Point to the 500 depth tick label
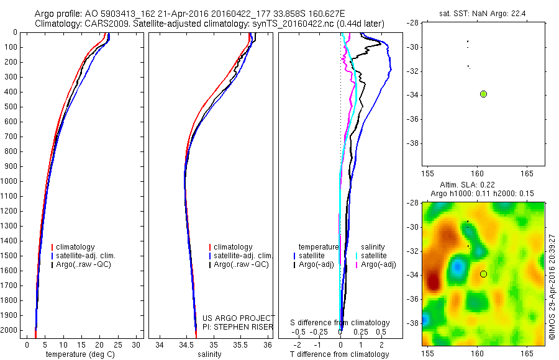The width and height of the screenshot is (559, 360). [x=11, y=107]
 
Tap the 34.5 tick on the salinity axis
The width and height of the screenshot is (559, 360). [x=186, y=344]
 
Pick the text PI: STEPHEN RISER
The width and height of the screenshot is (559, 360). [x=239, y=326]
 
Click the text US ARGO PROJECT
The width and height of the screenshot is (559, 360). [x=239, y=318]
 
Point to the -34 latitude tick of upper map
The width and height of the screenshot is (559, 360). [x=412, y=95]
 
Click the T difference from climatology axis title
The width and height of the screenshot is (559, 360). [x=339, y=354]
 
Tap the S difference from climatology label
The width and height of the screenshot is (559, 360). [x=340, y=323]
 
